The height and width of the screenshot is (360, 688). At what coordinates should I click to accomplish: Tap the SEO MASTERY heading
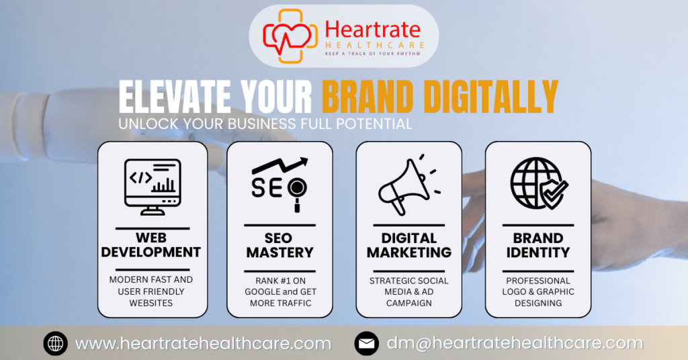(279, 245)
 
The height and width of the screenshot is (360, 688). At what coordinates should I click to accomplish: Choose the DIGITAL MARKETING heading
(408, 245)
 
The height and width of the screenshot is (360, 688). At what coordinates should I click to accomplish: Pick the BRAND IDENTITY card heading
(538, 245)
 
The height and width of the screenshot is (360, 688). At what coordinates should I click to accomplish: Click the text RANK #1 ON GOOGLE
(279, 286)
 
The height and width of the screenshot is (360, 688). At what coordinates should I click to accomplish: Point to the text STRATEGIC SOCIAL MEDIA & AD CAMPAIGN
(408, 291)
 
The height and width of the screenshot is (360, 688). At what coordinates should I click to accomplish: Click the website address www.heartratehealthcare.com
(203, 343)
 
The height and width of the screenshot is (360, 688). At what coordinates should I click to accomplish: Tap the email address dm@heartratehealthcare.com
(515, 343)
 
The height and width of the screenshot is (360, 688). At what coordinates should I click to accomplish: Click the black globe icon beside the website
(56, 344)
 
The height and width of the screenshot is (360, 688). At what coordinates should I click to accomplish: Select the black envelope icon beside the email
(366, 344)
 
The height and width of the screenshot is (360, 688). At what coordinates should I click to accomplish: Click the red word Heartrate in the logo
(372, 29)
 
